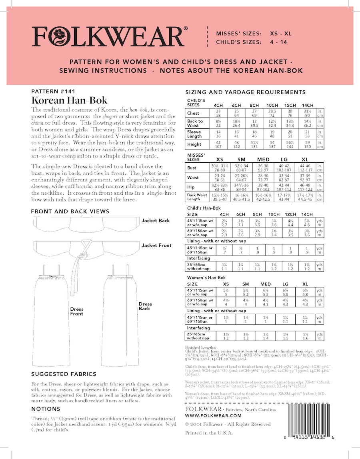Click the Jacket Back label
click(x=156, y=221)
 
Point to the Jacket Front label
click(x=156, y=245)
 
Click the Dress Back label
click(x=145, y=306)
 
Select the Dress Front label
click(x=77, y=311)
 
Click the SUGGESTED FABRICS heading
click(x=64, y=374)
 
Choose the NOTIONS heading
click(x=46, y=409)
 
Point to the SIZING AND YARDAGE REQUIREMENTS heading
click(x=246, y=92)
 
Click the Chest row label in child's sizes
click(x=193, y=113)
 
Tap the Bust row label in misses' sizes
click(x=192, y=168)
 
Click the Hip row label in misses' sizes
click(x=191, y=186)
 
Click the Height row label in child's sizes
click(x=194, y=144)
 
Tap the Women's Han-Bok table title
click(x=206, y=278)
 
